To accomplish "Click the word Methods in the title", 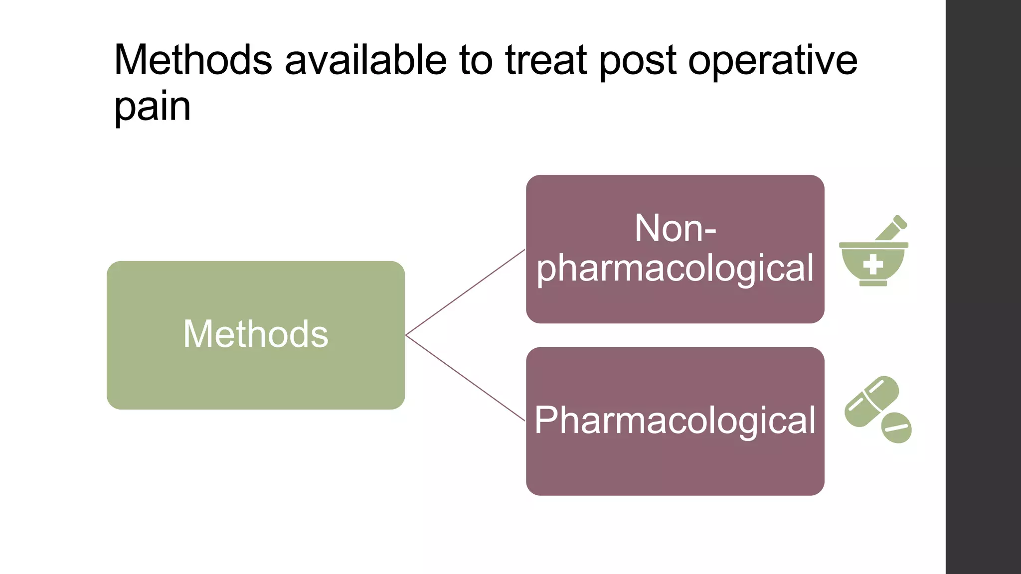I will click(x=193, y=60).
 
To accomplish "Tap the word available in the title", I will click(x=365, y=60).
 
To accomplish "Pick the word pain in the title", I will click(x=152, y=107).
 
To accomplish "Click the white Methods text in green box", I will click(x=256, y=334).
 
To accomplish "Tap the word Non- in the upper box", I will click(x=675, y=228).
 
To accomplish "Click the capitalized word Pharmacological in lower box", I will click(x=675, y=420).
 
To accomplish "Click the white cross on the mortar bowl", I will click(x=873, y=265).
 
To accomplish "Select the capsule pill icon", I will click(x=871, y=402).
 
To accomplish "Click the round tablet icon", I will click(x=896, y=428).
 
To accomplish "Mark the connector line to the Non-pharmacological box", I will click(x=466, y=292).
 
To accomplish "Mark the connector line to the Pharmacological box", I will click(x=466, y=378).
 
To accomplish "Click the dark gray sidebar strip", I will click(x=983, y=287).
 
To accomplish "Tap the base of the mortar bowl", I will click(x=873, y=284).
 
